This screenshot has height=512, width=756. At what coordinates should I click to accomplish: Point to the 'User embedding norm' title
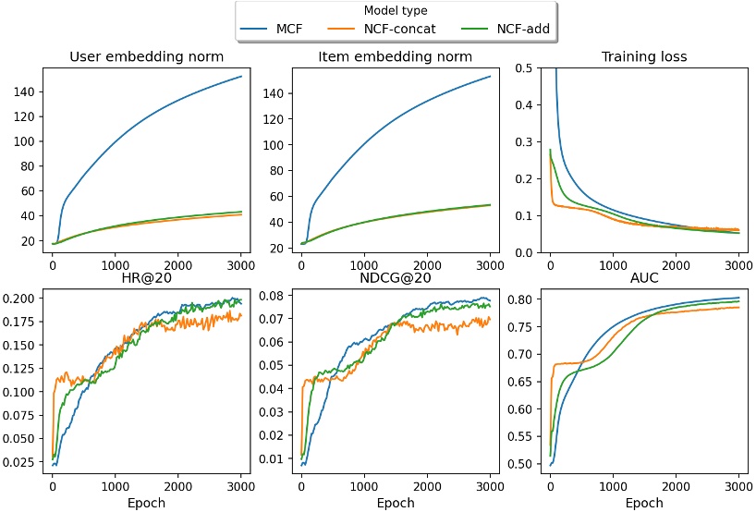[x=147, y=57]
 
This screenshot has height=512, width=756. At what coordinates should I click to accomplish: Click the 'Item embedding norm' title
[x=396, y=57]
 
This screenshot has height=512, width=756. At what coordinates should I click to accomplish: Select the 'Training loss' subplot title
[x=644, y=57]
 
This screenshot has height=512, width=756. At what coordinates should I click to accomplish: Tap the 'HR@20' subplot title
[x=147, y=279]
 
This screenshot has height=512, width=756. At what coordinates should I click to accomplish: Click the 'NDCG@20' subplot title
[x=396, y=279]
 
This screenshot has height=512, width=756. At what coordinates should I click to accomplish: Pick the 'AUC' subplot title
[x=644, y=279]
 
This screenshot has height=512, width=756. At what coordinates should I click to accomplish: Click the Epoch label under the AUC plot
[x=644, y=503]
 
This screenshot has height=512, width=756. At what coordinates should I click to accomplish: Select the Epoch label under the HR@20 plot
[x=147, y=503]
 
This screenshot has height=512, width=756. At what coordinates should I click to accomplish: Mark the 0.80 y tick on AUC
[x=526, y=299]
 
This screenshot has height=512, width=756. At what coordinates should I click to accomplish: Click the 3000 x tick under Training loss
[x=738, y=263]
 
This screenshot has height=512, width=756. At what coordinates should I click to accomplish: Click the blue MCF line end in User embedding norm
[x=241, y=76]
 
